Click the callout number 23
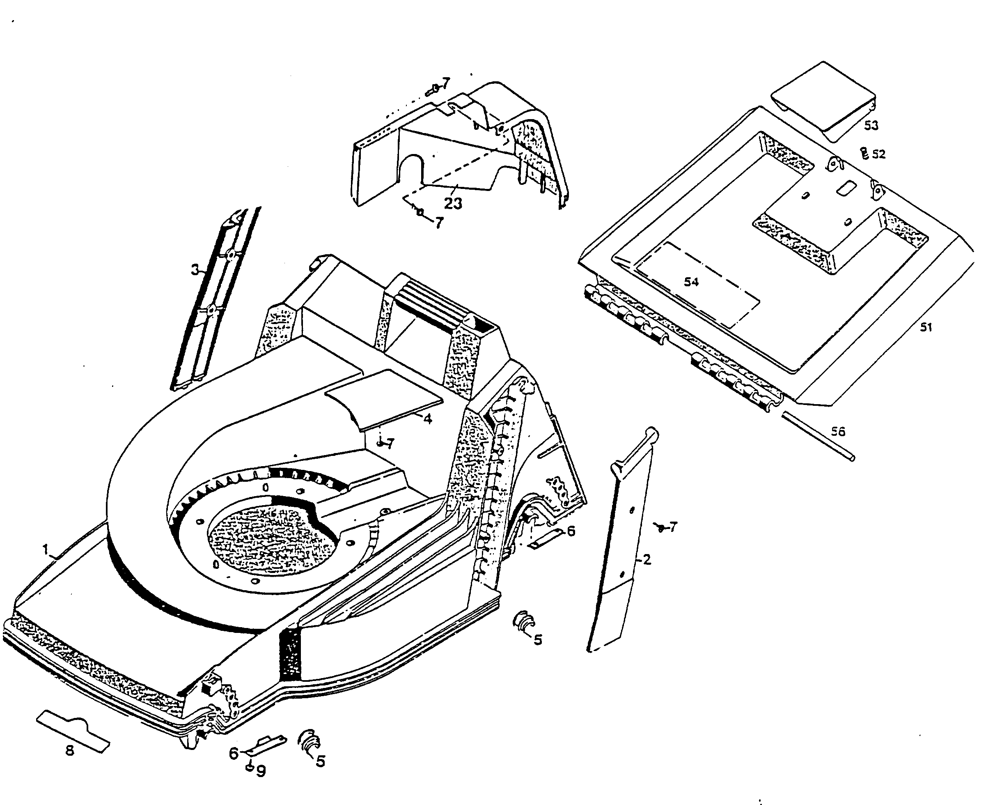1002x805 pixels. click(453, 203)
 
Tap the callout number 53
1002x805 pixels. click(871, 125)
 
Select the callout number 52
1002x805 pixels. click(878, 154)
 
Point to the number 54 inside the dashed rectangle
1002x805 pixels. click(691, 282)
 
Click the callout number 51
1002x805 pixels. click(926, 327)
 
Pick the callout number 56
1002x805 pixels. click(838, 432)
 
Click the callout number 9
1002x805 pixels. click(261, 770)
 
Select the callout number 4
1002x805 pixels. click(428, 419)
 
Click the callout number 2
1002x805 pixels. click(647, 559)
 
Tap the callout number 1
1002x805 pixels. click(46, 550)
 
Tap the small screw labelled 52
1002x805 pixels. click(865, 154)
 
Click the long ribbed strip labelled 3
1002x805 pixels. click(214, 302)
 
